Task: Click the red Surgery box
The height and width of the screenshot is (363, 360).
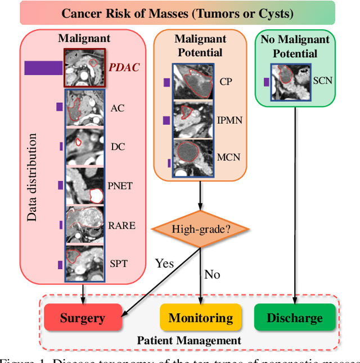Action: (82, 317)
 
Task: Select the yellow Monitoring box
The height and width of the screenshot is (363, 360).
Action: (201, 317)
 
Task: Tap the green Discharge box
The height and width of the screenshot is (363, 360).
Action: (295, 317)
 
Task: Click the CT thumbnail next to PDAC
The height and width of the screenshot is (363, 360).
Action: (84, 68)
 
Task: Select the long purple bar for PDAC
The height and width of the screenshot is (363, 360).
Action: (43, 68)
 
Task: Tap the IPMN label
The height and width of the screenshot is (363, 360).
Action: (230, 120)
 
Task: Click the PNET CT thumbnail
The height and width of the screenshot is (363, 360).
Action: (84, 186)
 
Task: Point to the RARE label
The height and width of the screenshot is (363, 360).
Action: (121, 225)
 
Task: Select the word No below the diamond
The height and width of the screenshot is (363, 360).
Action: (212, 274)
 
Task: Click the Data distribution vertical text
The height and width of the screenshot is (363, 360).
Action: (33, 177)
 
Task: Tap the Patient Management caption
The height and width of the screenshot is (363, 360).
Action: (189, 341)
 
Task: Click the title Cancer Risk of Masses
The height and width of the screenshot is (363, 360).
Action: (177, 12)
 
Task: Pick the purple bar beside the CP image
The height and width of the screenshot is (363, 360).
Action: (166, 83)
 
